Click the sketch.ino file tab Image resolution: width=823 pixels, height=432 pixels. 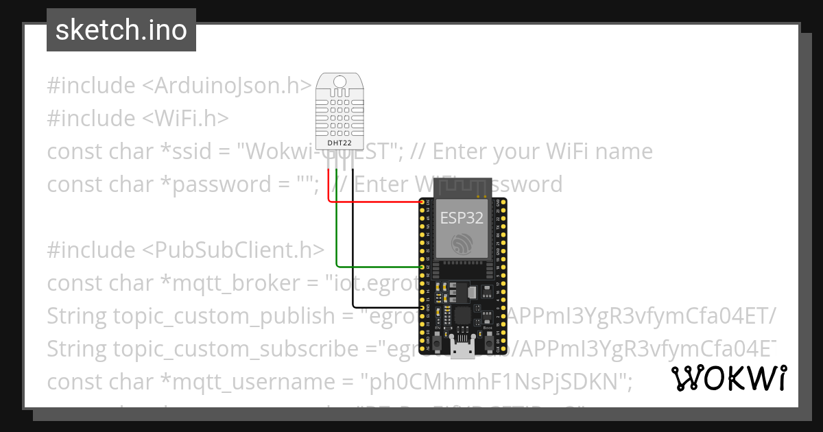(x=121, y=31)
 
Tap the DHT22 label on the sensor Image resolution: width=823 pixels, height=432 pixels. (x=341, y=143)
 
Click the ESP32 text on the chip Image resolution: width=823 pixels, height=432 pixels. (x=462, y=218)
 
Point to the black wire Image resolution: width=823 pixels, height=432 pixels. (x=353, y=261)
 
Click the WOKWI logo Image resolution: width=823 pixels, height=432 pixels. (x=729, y=378)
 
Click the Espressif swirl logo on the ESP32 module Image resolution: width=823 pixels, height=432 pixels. (x=462, y=243)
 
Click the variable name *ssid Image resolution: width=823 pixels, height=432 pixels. (x=141, y=151)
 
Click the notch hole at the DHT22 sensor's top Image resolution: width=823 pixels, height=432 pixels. (x=341, y=83)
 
